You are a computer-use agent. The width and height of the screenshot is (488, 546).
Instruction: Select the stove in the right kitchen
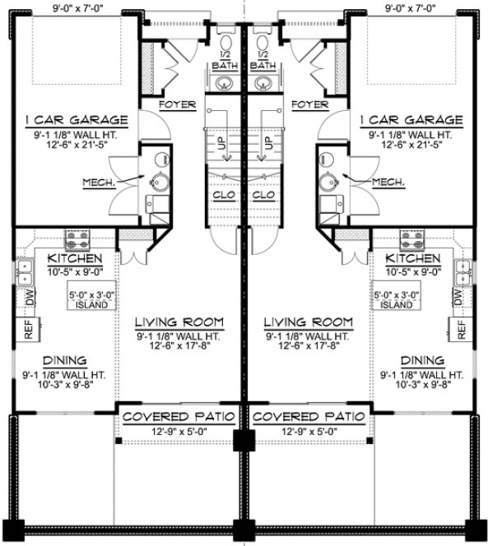tap(411, 238)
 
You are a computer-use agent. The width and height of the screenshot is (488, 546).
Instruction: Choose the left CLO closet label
tap(222, 197)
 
